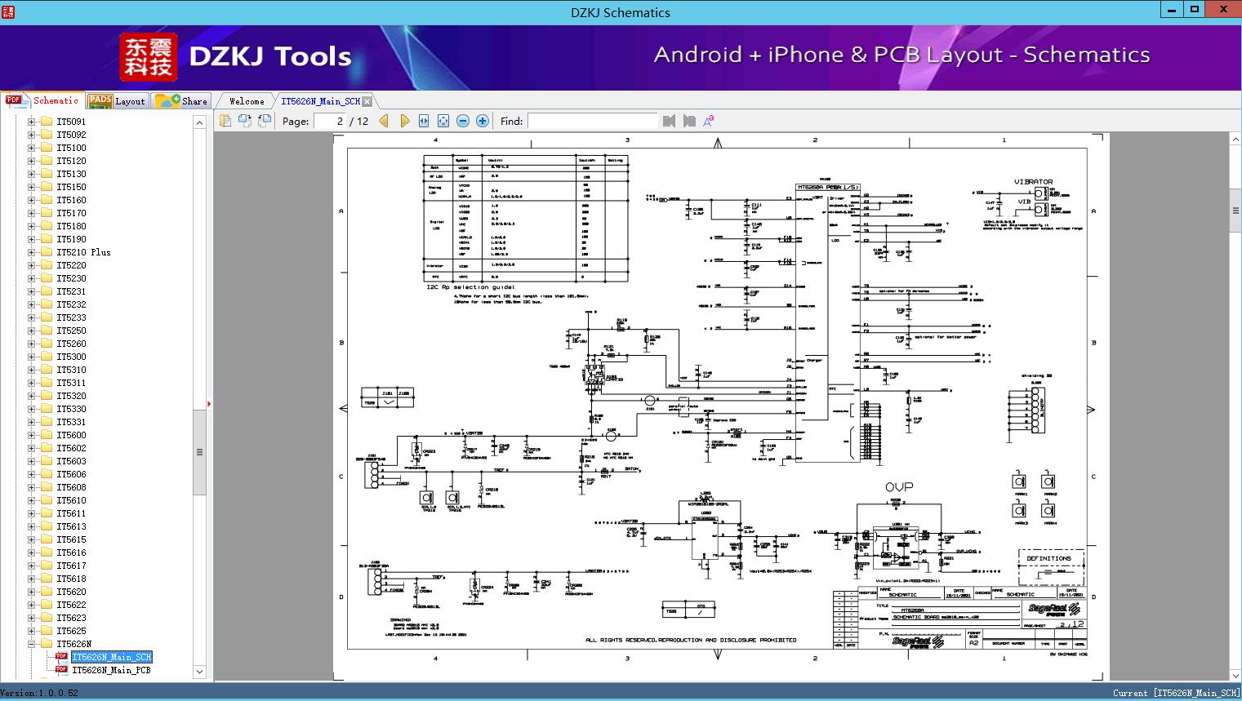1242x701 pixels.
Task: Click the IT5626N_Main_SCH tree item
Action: tap(111, 657)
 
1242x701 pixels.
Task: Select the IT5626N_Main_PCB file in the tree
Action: tap(111, 670)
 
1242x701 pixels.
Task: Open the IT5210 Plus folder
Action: tap(83, 252)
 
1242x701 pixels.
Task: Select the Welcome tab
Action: tap(247, 101)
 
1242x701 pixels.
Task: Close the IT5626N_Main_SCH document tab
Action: tap(367, 101)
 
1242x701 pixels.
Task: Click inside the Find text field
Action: tap(592, 121)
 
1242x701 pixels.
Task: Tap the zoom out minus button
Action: tap(463, 121)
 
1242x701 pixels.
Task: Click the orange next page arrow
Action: tap(404, 121)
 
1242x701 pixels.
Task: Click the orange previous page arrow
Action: tap(384, 121)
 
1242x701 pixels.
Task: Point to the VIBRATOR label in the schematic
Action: tap(1033, 182)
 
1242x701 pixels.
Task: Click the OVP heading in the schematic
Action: tap(899, 487)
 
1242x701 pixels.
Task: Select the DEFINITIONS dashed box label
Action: tap(1048, 558)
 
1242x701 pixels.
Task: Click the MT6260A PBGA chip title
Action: tap(827, 187)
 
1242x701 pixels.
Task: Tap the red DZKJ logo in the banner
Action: tap(148, 56)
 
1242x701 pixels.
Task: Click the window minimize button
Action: tap(1170, 10)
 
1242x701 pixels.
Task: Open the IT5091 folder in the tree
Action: tap(71, 122)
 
